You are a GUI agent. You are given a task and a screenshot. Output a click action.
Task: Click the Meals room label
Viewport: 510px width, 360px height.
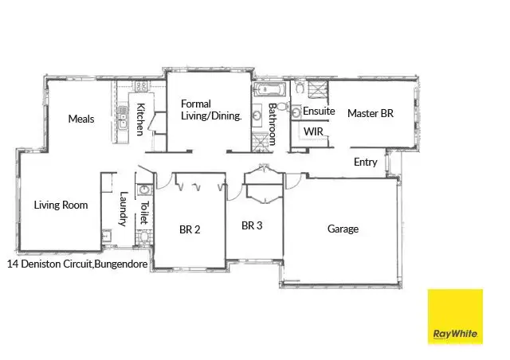pos(81,119)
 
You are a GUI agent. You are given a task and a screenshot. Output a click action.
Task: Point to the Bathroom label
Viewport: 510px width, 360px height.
pos(272,123)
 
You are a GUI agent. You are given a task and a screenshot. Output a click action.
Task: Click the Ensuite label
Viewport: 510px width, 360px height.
pos(319,112)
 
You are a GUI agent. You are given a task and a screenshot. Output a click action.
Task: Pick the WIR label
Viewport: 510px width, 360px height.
pos(312,131)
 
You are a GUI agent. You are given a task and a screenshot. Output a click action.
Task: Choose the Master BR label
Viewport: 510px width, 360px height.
pos(371,114)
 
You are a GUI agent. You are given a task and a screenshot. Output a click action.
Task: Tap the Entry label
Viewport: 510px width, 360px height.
pos(365,162)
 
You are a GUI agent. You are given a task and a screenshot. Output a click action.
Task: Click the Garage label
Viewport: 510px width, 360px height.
pos(343,229)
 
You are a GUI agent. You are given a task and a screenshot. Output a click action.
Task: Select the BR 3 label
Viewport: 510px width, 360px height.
pos(252,225)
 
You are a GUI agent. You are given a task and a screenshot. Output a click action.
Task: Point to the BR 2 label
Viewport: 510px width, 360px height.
pos(190,230)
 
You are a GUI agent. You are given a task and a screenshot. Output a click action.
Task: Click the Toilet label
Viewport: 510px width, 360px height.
pos(144,214)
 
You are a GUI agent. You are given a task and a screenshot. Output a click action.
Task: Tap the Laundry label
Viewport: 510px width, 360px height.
pos(123,209)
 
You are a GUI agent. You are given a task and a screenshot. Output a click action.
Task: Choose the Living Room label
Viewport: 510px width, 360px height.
pos(61,205)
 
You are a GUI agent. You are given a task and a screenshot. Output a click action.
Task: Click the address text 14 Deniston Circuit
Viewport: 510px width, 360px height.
pos(48,263)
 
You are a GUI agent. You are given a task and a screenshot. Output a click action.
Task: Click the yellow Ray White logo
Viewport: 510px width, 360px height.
pos(455,316)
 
